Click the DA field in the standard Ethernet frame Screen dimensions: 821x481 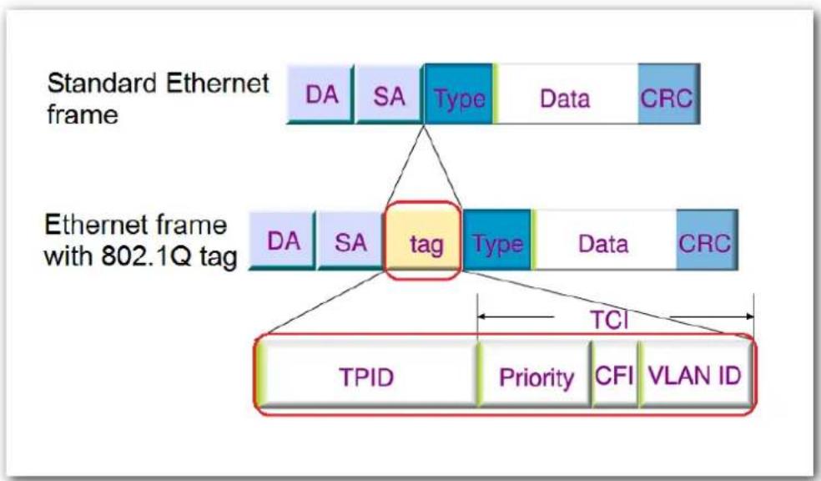pyautogui.click(x=320, y=94)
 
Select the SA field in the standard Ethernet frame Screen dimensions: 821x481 pyautogui.click(x=389, y=94)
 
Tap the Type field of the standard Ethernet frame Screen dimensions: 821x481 pyautogui.click(x=459, y=94)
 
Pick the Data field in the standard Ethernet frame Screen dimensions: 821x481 pyautogui.click(x=566, y=94)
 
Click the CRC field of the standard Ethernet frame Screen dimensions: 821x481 pyautogui.click(x=668, y=94)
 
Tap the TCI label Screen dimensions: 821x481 pyautogui.click(x=609, y=319)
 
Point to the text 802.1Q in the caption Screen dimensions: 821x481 pyautogui.click(x=146, y=256)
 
